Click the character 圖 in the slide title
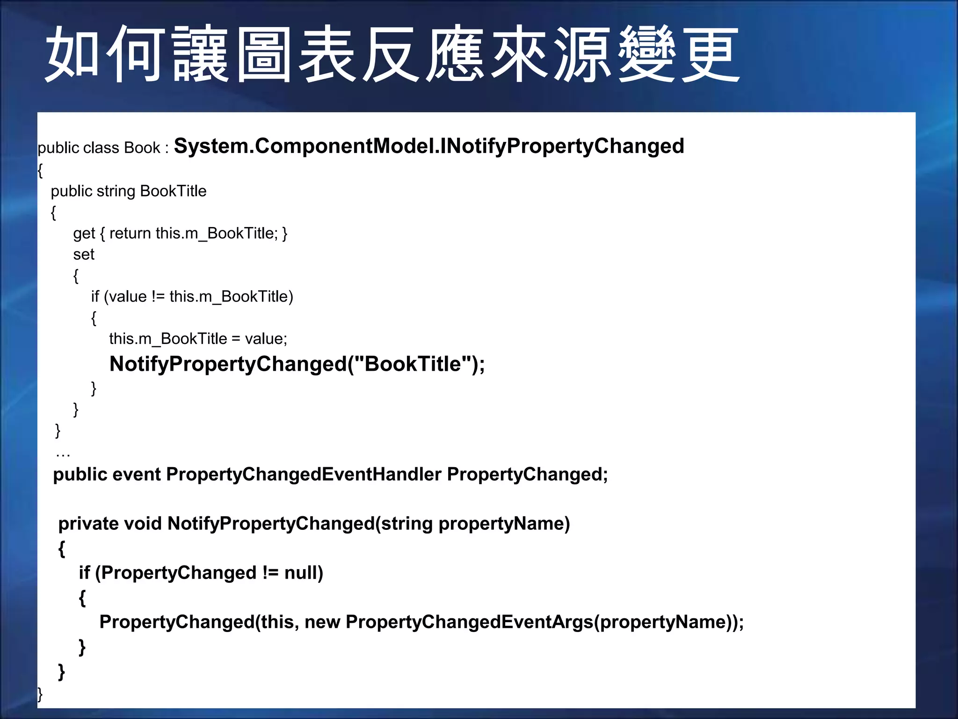click(x=263, y=54)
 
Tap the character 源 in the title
click(x=583, y=54)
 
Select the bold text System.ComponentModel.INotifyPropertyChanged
click(x=428, y=146)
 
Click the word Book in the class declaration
click(x=142, y=148)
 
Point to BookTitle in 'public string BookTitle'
click(x=173, y=191)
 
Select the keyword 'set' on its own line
click(x=84, y=254)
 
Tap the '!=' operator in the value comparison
click(x=158, y=297)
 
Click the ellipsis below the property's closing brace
click(x=63, y=453)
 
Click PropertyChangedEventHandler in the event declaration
click(x=304, y=475)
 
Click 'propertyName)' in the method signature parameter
click(x=504, y=524)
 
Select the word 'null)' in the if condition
click(x=304, y=573)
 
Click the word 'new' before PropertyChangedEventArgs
click(x=322, y=622)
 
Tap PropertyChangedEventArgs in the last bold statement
click(x=470, y=622)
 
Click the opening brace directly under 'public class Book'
click(x=41, y=170)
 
